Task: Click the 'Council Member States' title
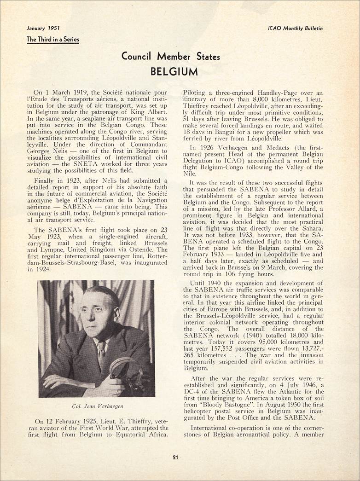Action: point(170,57)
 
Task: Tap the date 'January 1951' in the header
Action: point(43,28)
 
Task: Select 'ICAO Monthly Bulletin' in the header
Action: point(295,28)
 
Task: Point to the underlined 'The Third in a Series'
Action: point(52,40)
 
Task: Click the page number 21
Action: point(175,457)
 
